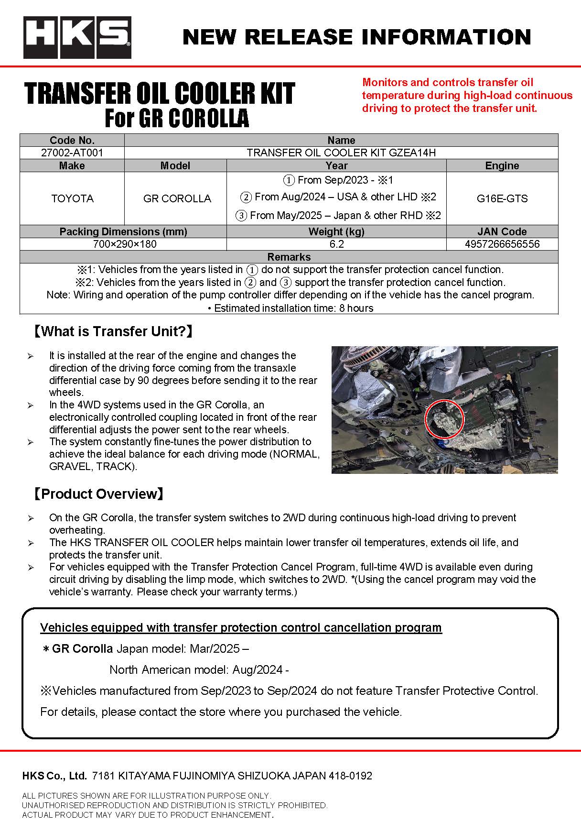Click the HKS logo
pyautogui.click(x=77, y=37)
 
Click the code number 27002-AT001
pyautogui.click(x=72, y=153)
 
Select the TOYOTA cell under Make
pyautogui.click(x=72, y=198)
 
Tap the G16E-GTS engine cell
pyautogui.click(x=502, y=198)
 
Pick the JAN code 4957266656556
pyautogui.click(x=502, y=244)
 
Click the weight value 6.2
pyautogui.click(x=336, y=244)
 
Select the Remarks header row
pyautogui.click(x=289, y=257)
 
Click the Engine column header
pyautogui.click(x=502, y=165)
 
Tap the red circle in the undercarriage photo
pyautogui.click(x=444, y=419)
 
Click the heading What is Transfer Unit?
pyautogui.click(x=113, y=331)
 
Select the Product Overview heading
pyautogui.click(x=98, y=493)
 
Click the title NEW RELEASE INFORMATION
pyautogui.click(x=356, y=37)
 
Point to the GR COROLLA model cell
pyautogui.click(x=177, y=198)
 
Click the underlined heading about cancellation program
pyautogui.click(x=241, y=627)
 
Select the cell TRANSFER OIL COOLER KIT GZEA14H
pyautogui.click(x=341, y=153)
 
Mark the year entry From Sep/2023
pyautogui.click(x=337, y=180)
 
